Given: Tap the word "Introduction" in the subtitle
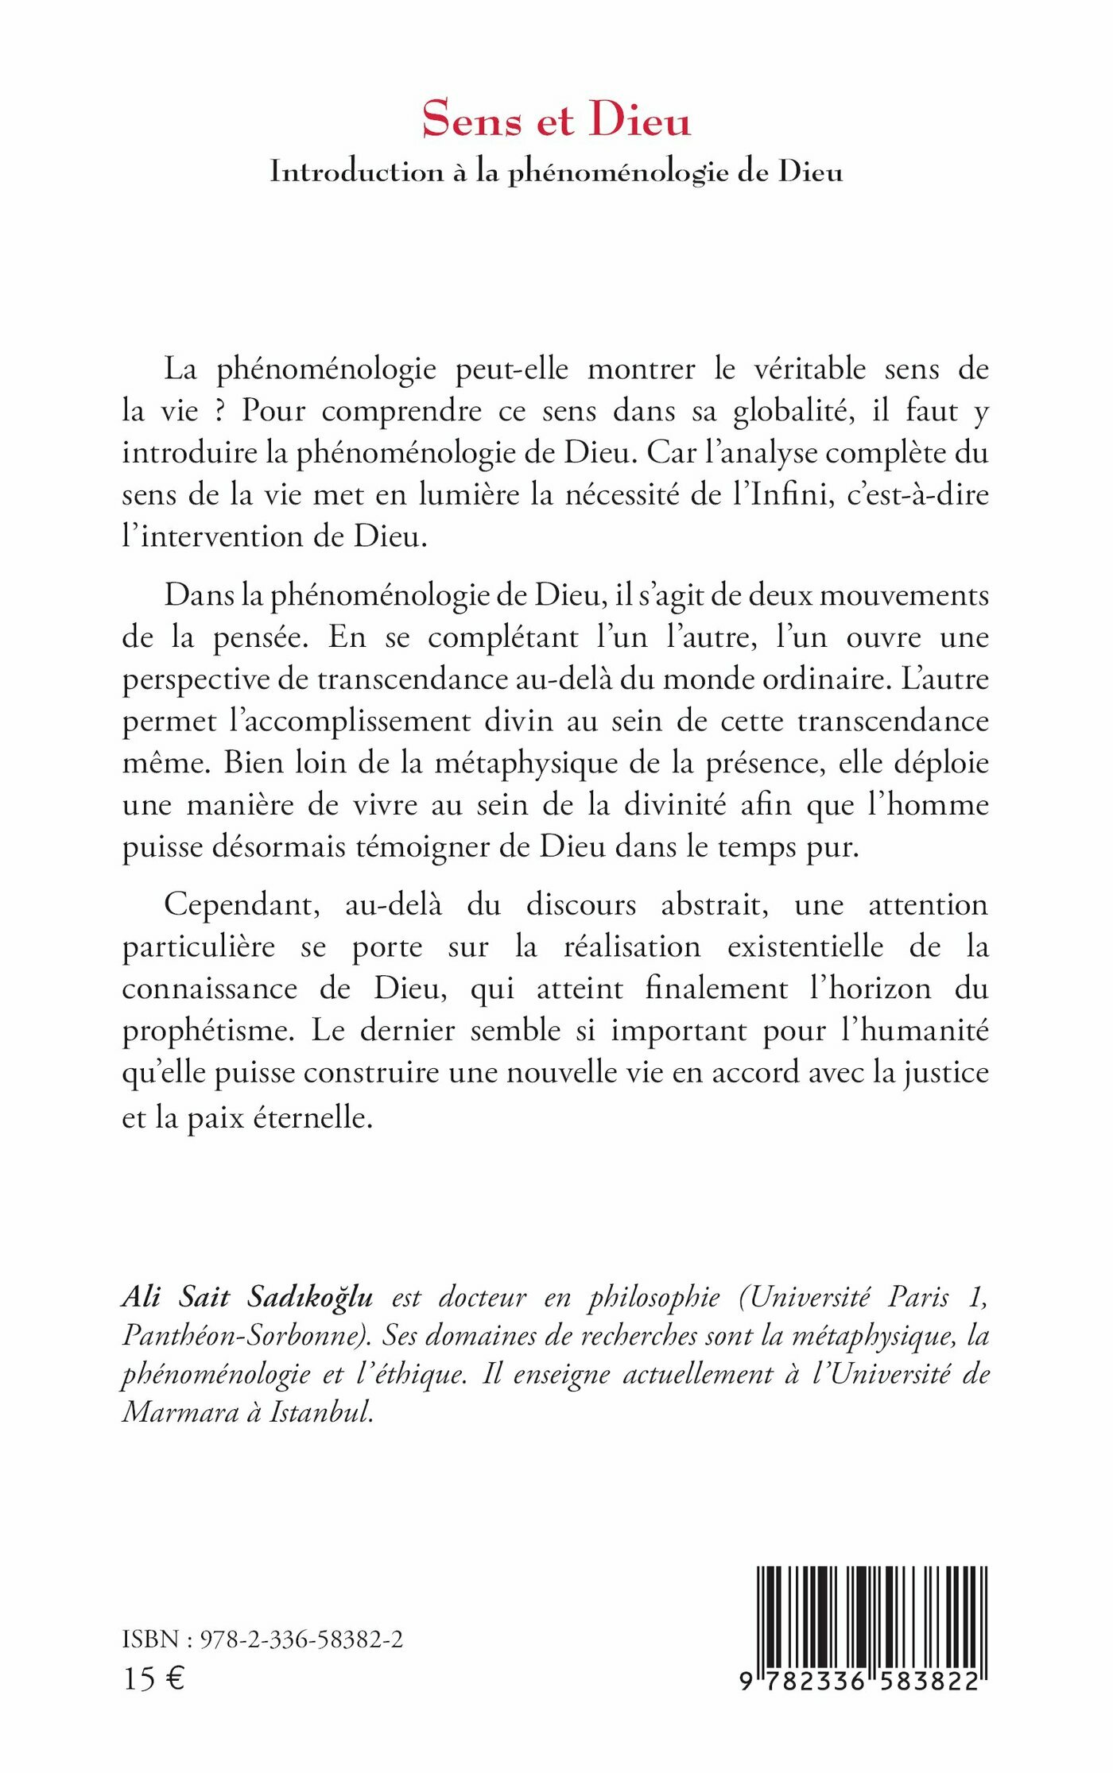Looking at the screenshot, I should point(356,172).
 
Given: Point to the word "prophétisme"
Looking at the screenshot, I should point(208,1031).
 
